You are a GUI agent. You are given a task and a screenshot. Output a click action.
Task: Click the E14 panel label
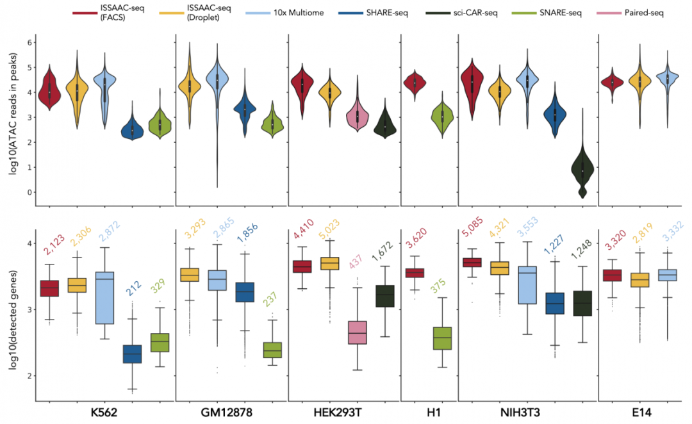coord(641,413)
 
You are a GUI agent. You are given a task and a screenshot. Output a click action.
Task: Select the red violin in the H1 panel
coord(415,84)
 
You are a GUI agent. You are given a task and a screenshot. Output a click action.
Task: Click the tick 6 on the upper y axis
coord(28,42)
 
